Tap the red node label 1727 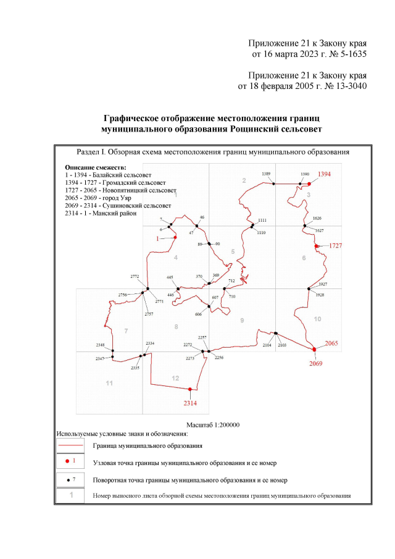336,246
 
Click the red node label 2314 190,403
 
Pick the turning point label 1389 267,175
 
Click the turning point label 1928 319,295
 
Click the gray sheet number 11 109,384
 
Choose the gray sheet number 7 126,332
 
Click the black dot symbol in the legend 66,479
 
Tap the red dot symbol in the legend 66,461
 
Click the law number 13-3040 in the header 347,86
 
